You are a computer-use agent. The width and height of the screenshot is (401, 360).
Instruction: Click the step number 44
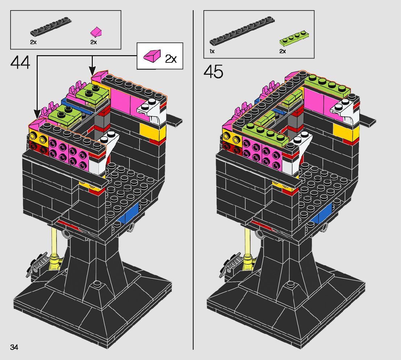tap(20, 63)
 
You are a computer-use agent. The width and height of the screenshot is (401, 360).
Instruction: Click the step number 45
tap(213, 71)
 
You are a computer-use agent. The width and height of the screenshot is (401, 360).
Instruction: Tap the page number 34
tap(14, 347)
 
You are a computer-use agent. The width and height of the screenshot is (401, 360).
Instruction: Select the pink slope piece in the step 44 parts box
tap(96, 32)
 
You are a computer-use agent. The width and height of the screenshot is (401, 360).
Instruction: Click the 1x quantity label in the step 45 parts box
tap(212, 52)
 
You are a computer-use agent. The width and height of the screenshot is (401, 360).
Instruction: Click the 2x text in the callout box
tap(171, 59)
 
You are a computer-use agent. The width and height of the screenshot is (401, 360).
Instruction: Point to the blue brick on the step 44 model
tap(131, 213)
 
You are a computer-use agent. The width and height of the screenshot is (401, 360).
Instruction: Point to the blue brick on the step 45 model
tap(324, 213)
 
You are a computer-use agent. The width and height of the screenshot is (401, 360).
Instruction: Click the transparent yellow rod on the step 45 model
tap(248, 243)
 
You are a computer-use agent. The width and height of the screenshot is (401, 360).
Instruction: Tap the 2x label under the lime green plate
tap(282, 52)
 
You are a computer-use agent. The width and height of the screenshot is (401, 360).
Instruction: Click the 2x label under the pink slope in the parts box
tap(94, 42)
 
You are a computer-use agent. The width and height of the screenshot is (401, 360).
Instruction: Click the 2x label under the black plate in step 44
tap(33, 42)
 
